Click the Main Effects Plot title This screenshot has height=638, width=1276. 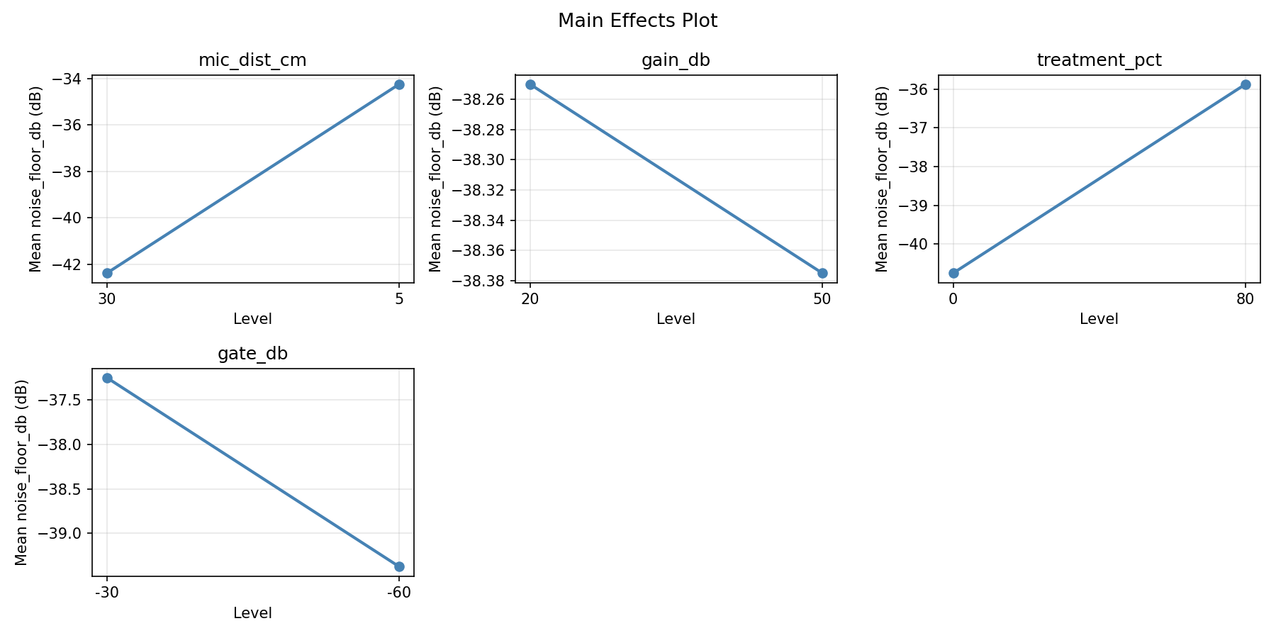[x=637, y=21]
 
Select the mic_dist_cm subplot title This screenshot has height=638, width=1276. [x=252, y=60]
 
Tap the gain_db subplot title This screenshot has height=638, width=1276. [x=676, y=60]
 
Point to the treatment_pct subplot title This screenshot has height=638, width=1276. [x=1099, y=60]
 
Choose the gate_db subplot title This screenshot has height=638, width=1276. [x=252, y=354]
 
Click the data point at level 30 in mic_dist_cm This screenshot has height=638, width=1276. [x=107, y=273]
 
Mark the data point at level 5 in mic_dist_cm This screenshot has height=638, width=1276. [x=399, y=84]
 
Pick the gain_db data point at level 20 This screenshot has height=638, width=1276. [x=530, y=84]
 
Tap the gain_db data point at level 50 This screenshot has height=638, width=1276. [x=822, y=273]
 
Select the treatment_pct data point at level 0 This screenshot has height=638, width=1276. [x=953, y=273]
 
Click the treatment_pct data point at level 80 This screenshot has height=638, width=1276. [x=1246, y=84]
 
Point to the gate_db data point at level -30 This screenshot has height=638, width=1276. [x=107, y=378]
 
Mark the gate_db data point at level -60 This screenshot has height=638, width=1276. [x=399, y=566]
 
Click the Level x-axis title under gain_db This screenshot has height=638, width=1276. [x=676, y=319]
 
